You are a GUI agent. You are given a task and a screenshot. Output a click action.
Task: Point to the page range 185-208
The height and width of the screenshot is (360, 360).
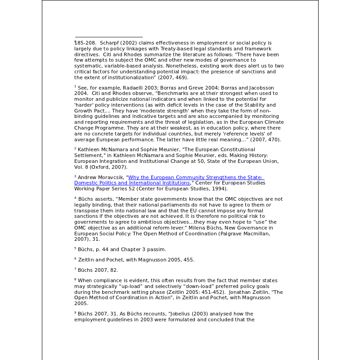[85, 43]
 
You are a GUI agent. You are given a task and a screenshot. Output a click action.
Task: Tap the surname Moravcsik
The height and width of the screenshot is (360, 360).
[110, 177]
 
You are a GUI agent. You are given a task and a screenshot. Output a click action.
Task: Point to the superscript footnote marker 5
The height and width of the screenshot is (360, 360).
[75, 248]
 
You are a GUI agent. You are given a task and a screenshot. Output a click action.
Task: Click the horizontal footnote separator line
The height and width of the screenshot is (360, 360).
[108, 37]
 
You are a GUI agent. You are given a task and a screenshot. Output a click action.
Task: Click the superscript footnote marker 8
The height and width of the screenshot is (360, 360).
[75, 279]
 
